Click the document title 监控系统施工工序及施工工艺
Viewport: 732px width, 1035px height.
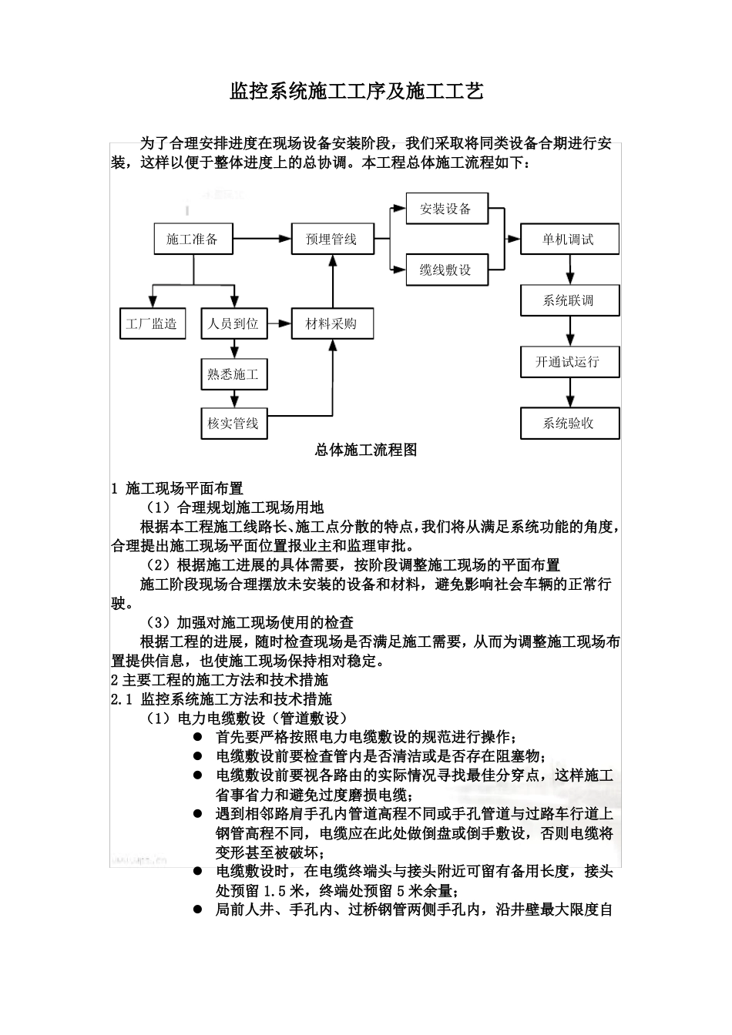pos(358,92)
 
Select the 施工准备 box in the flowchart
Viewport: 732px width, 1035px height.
pos(193,239)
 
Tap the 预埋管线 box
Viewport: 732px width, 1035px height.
pos(331,239)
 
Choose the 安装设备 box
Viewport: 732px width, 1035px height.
pos(445,209)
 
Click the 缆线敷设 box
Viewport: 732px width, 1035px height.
pos(445,270)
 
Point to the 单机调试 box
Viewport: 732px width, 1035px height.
pos(569,239)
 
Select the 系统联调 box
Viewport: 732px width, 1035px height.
pos(569,300)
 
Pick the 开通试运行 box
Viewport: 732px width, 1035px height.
pos(569,361)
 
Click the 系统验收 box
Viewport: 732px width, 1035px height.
pos(569,423)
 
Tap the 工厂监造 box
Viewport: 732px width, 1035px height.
pos(152,323)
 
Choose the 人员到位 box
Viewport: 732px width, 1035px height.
pos(233,323)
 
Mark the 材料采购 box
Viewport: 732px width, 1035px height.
pos(331,323)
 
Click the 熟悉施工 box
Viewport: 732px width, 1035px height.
pos(233,374)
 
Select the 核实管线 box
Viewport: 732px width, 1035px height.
pos(233,423)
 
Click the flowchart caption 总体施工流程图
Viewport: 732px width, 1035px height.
pos(366,451)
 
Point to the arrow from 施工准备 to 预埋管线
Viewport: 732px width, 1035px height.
pos(262,239)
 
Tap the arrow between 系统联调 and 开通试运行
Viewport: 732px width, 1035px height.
pos(569,330)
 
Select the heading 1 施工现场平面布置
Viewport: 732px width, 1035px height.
pos(178,488)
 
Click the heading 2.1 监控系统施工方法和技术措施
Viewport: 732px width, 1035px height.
pos(222,699)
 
